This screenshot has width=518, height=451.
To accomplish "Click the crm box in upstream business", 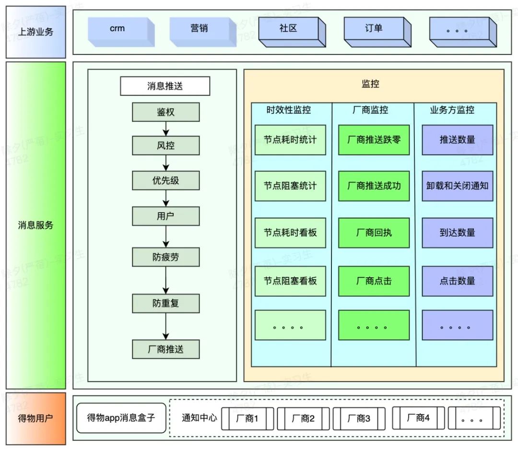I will point(118,30).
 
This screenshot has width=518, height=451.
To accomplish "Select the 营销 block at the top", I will point(200,30).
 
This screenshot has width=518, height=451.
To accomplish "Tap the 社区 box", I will point(288,29).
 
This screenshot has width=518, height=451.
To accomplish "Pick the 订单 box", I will point(374,29).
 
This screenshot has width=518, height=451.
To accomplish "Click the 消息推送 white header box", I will point(165,86).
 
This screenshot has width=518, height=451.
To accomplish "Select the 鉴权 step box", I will point(165,112).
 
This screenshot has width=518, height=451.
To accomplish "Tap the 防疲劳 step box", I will point(165,257).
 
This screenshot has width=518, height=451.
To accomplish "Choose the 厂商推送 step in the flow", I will point(165,349).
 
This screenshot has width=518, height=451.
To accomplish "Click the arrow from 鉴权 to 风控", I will point(165,129).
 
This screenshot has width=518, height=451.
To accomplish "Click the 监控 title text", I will point(370,84).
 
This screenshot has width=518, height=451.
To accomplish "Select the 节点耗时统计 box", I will point(290,140).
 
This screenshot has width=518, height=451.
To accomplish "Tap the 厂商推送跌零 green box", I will point(374,140).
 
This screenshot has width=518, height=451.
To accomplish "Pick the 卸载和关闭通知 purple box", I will point(457,186).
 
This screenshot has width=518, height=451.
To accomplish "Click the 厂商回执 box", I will point(374,233).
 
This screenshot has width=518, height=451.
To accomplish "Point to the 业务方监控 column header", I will point(452,110).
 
